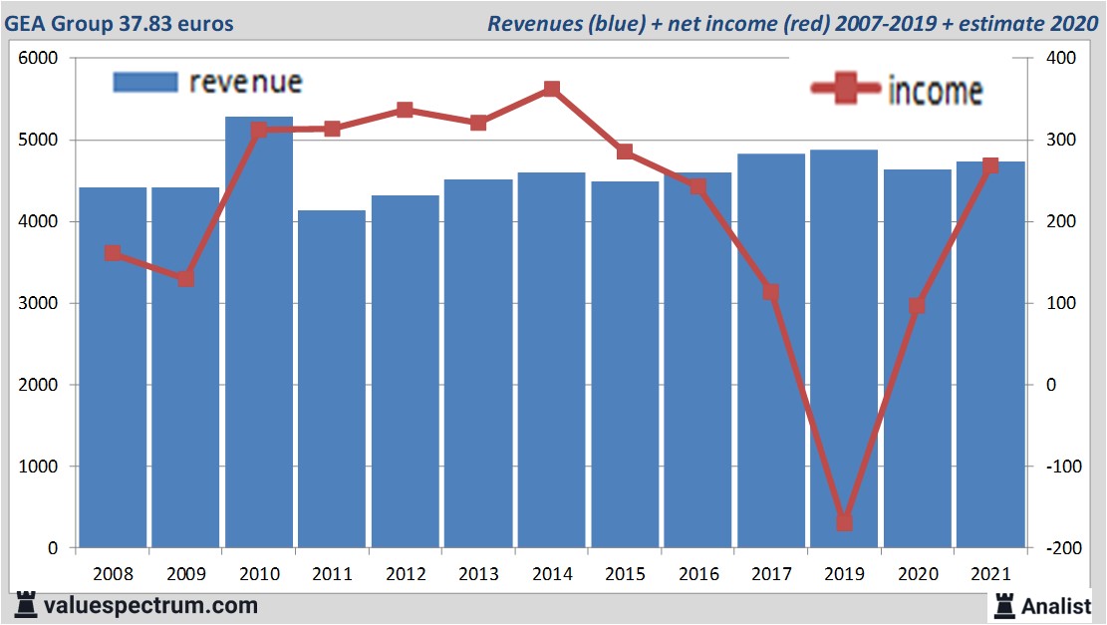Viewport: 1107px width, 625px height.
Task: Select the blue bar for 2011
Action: [332, 379]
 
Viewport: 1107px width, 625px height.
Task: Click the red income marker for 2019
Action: [844, 521]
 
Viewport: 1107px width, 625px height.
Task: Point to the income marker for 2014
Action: [551, 90]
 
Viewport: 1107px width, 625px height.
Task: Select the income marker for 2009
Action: [185, 278]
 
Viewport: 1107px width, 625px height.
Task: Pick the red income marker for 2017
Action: [770, 292]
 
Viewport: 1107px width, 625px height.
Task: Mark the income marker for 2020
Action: [917, 306]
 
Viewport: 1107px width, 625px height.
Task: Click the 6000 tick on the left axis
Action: [39, 59]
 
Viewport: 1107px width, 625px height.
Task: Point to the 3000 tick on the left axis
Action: [39, 303]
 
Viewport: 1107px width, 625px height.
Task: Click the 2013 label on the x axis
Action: [478, 575]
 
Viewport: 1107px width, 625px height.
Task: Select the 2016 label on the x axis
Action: [697, 575]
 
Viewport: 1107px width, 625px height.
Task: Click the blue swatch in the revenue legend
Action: [144, 83]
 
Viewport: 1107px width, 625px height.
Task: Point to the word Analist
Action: [1056, 605]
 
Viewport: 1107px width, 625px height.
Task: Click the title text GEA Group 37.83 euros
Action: [120, 23]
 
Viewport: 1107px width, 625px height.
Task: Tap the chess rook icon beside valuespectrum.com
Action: [24, 605]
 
